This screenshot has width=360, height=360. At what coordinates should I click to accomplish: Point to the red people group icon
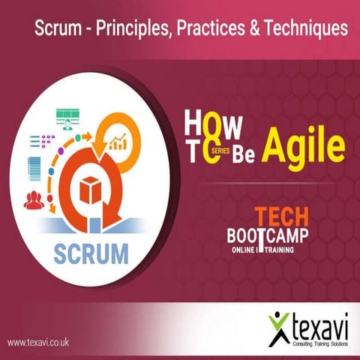tap(34, 199)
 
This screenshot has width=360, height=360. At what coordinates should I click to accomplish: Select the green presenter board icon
tap(68, 118)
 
